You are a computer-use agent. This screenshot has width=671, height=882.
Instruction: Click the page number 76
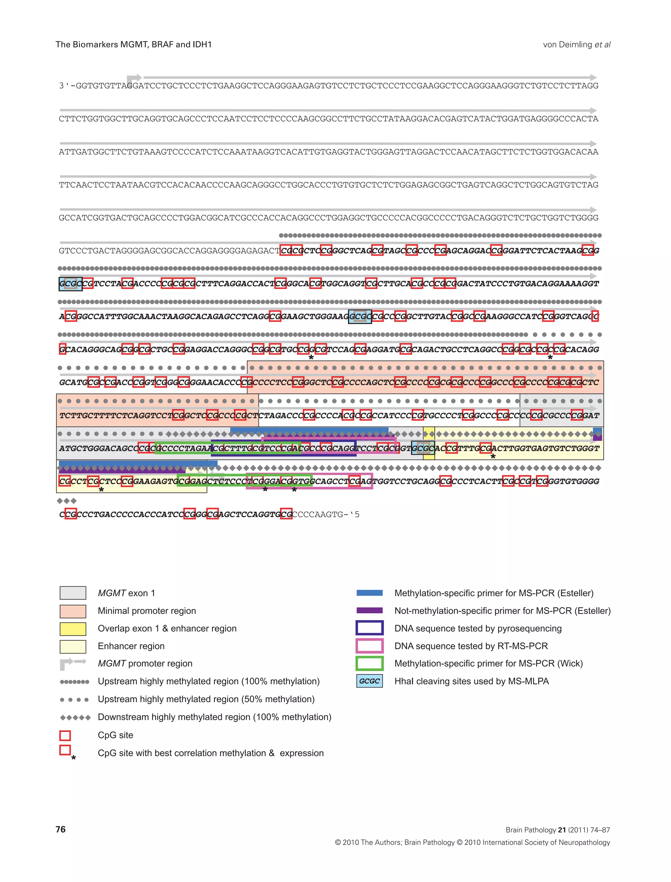[61, 829]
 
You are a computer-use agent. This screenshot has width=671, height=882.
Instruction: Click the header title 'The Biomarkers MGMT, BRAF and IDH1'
[133, 44]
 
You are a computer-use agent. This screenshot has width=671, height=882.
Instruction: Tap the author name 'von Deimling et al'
[576, 44]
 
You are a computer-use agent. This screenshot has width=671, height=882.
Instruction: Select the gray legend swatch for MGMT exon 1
[73, 593]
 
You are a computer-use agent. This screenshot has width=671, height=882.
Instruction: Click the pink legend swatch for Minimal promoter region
[73, 611]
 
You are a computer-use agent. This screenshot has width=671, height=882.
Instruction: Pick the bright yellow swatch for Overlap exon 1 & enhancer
[73, 628]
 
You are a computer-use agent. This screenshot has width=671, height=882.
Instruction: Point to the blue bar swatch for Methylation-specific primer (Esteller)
[370, 593]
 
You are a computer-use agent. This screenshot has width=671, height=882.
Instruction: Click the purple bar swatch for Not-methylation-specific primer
[370, 610]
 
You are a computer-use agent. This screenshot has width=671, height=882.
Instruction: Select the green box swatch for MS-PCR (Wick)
[370, 663]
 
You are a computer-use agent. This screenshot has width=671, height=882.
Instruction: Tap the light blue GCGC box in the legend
[370, 681]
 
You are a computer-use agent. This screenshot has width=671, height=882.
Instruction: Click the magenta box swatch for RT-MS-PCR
[370, 646]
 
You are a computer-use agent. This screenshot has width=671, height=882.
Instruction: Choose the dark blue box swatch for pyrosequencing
[370, 628]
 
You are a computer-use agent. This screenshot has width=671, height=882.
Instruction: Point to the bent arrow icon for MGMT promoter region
[73, 663]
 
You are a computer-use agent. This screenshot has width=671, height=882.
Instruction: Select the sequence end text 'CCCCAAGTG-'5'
[326, 514]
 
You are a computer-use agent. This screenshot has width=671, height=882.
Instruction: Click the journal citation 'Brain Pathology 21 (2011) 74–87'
[558, 830]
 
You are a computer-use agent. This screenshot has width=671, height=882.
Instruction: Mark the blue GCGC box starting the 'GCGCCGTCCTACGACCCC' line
[70, 284]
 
